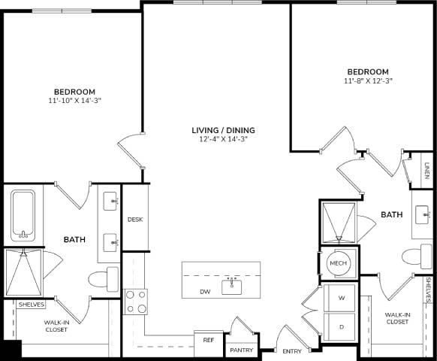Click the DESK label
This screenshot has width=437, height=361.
click(135, 220)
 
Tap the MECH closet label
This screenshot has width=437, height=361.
click(338, 263)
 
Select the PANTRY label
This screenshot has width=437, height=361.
click(241, 350)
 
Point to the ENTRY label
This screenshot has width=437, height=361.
click(291, 351)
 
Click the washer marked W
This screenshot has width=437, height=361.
click(342, 299)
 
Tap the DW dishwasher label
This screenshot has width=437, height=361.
click(204, 291)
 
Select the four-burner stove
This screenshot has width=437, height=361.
click(136, 302)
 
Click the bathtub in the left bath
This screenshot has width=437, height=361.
click(23, 214)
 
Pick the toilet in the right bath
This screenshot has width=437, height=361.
click(414, 256)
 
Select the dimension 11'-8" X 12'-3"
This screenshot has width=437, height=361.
click(369, 80)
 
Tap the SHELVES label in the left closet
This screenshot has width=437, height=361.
click(31, 305)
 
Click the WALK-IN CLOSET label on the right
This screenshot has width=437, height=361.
click(397, 318)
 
